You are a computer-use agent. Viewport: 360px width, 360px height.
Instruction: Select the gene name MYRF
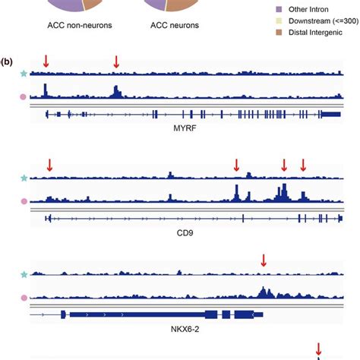coord(186,130)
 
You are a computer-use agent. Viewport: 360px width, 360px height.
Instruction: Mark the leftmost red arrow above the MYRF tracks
coord(46,61)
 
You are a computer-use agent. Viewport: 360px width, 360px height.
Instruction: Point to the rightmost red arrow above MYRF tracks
coord(115,61)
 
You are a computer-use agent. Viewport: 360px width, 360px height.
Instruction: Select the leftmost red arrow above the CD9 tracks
coord(49,165)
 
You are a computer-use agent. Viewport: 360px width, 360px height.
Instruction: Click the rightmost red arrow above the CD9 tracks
coord(303,165)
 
